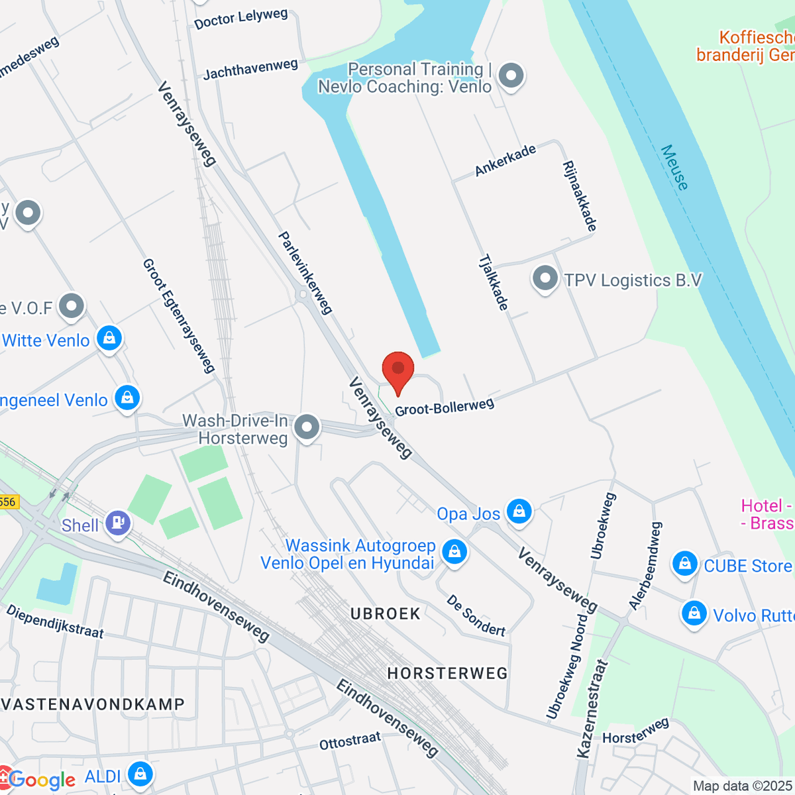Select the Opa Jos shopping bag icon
[x=519, y=512]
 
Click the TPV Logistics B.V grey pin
[x=545, y=279]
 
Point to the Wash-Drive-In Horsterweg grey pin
[x=306, y=427]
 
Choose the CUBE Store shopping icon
[x=684, y=564]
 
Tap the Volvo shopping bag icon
[x=694, y=614]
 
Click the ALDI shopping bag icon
[x=140, y=774]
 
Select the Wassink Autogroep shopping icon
[x=454, y=551]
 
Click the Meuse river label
[x=674, y=168]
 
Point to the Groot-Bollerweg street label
[x=445, y=407]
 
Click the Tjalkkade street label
[x=494, y=282]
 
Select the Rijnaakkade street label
[x=580, y=196]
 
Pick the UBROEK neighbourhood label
[x=386, y=614]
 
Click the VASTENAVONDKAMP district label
[x=93, y=704]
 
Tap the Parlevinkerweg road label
[x=305, y=272]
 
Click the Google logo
[x=42, y=780]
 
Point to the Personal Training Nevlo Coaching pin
[x=511, y=76]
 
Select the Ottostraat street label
[x=350, y=741]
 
